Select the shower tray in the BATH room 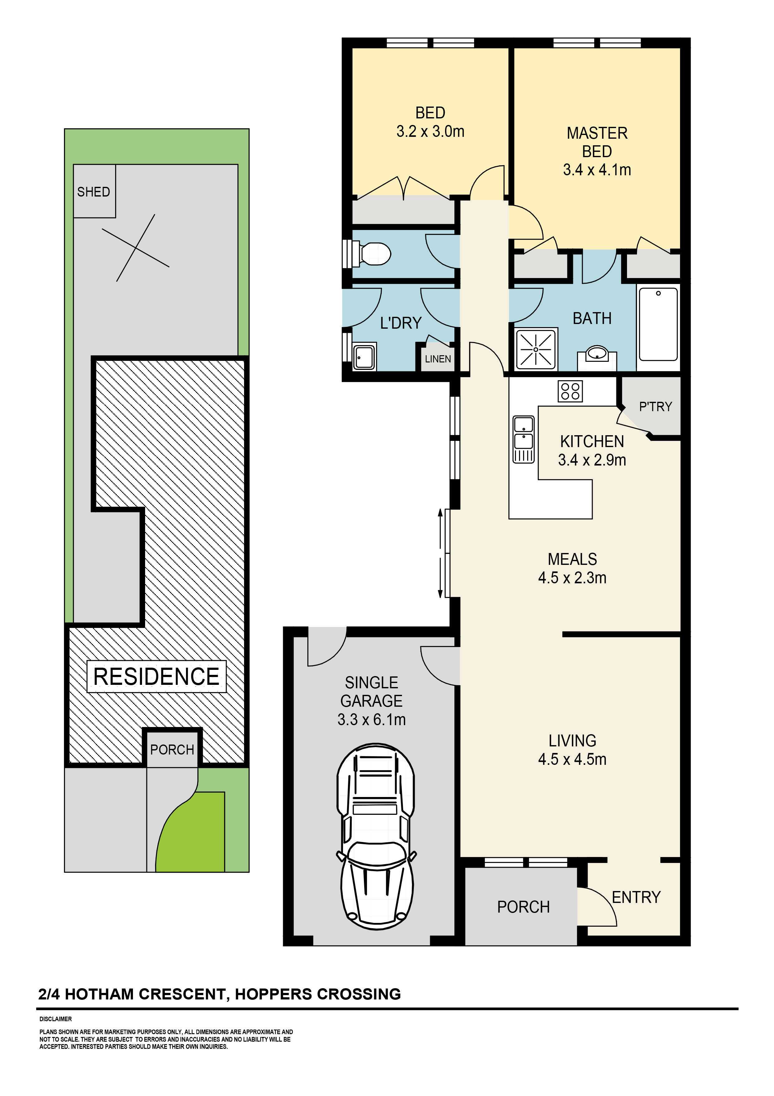pos(536,349)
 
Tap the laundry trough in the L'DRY pos(364,356)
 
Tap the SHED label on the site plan pos(93,192)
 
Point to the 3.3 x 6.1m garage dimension pos(371,720)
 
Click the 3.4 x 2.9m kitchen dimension pos(592,460)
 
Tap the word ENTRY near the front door pos(636,897)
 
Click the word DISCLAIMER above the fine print pos(56,1019)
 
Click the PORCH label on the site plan pos(172,750)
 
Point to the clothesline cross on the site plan pos(136,248)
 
